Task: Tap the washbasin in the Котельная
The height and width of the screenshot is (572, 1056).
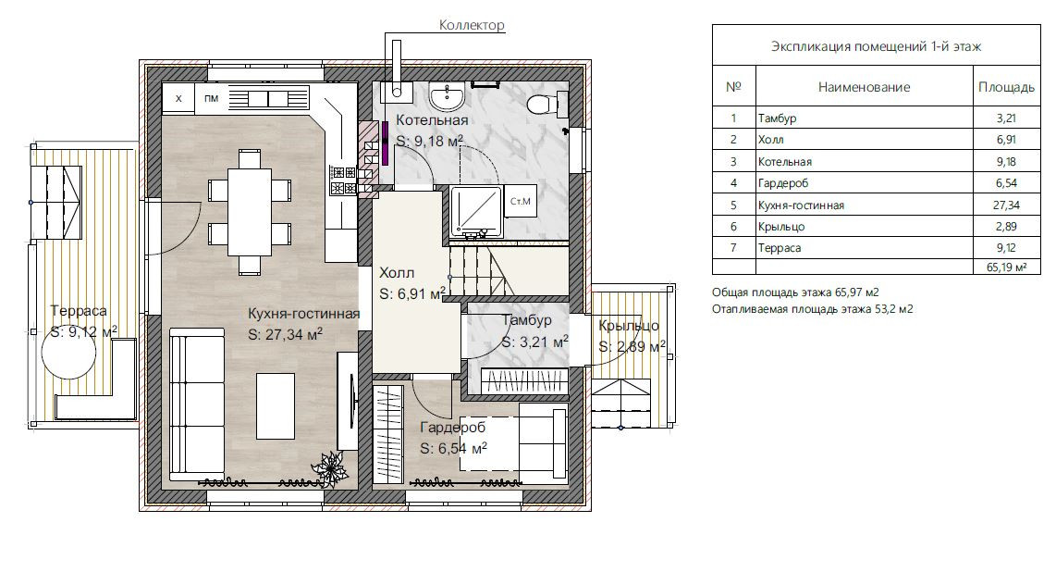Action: (x=447, y=98)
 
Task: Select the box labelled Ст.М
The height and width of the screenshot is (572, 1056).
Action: (x=521, y=201)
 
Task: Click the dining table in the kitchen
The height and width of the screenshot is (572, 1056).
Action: (x=249, y=211)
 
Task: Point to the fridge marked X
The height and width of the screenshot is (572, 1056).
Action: (x=178, y=98)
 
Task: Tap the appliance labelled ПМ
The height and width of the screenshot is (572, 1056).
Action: (x=212, y=98)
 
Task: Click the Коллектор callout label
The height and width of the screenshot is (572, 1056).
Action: (x=472, y=25)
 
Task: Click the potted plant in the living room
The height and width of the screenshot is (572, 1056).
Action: (x=330, y=466)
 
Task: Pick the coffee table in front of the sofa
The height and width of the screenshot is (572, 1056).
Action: (x=275, y=405)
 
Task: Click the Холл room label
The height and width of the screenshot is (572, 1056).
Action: (x=397, y=273)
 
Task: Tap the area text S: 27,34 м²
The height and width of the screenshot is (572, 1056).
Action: (x=285, y=334)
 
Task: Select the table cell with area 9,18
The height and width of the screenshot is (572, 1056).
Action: (x=1006, y=162)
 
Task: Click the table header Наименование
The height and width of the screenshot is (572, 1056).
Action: (x=864, y=87)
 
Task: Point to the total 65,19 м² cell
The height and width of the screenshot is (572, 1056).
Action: (x=1006, y=267)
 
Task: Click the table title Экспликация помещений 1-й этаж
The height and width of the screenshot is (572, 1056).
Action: (x=876, y=46)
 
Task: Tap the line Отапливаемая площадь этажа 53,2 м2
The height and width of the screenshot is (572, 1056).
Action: (x=812, y=309)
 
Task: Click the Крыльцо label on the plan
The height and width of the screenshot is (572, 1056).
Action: (x=629, y=326)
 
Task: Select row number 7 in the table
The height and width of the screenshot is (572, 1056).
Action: (x=733, y=248)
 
